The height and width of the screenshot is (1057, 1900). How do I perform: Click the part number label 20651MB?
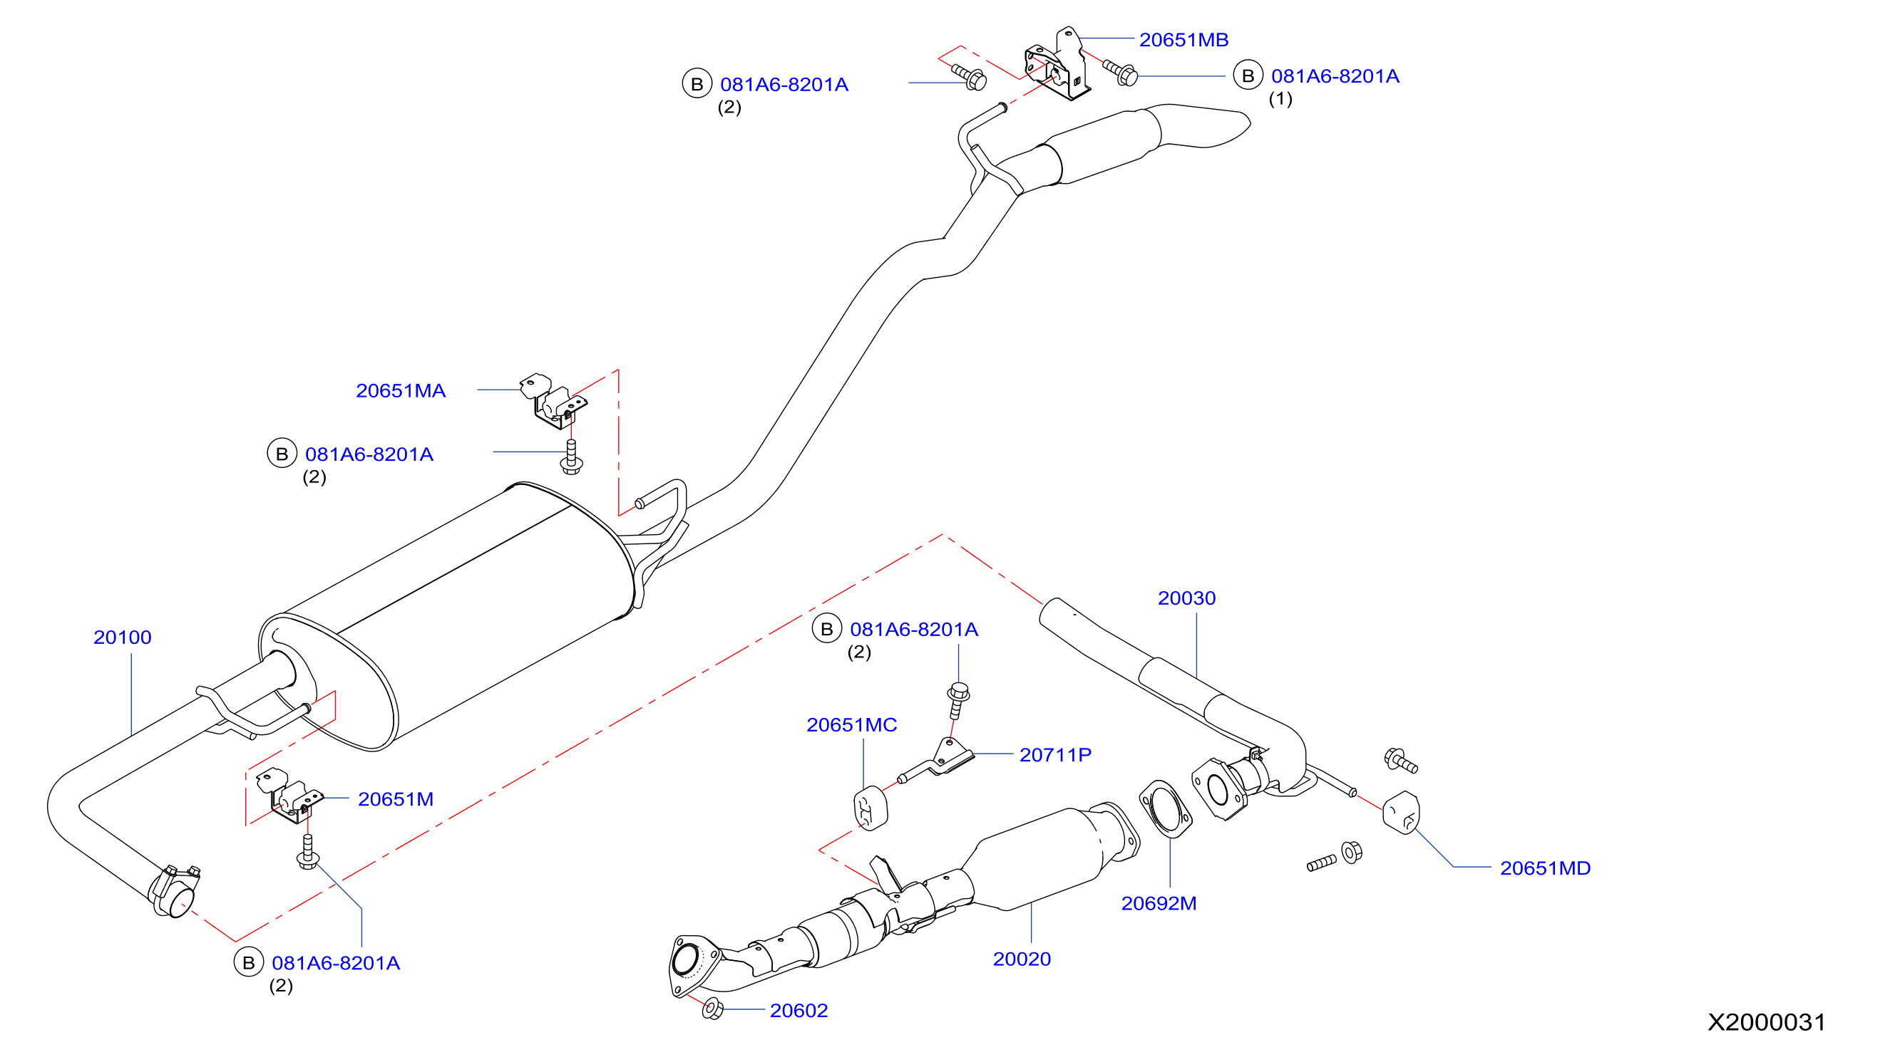pyautogui.click(x=1183, y=40)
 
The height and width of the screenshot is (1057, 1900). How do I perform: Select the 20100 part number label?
pyautogui.click(x=123, y=637)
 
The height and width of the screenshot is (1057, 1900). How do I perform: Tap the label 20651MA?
pyautogui.click(x=401, y=390)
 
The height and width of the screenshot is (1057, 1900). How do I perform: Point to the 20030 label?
pyautogui.click(x=1186, y=598)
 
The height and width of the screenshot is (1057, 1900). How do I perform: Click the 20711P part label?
pyautogui.click(x=1054, y=755)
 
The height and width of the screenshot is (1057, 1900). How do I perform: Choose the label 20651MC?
pyautogui.click(x=851, y=724)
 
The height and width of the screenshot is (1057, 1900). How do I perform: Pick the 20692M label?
pyautogui.click(x=1158, y=903)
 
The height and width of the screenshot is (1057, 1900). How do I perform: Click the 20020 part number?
pyautogui.click(x=1022, y=959)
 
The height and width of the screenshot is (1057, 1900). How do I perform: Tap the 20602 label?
pyautogui.click(x=798, y=1011)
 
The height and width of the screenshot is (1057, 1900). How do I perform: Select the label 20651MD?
pyautogui.click(x=1544, y=868)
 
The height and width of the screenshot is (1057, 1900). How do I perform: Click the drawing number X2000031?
pyautogui.click(x=1766, y=1022)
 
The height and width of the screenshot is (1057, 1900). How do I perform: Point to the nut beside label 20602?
pyautogui.click(x=712, y=1008)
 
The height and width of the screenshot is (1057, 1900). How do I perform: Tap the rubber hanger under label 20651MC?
pyautogui.click(x=871, y=808)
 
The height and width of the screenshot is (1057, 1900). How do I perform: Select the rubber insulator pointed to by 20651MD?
pyautogui.click(x=1401, y=812)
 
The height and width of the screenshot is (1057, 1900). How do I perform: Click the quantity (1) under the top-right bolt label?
pyautogui.click(x=1280, y=99)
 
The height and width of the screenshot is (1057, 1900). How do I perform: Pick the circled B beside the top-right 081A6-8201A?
pyautogui.click(x=1247, y=76)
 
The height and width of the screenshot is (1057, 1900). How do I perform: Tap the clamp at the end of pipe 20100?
pyautogui.click(x=174, y=891)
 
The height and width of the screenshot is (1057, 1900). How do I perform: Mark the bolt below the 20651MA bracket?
pyautogui.click(x=571, y=457)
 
